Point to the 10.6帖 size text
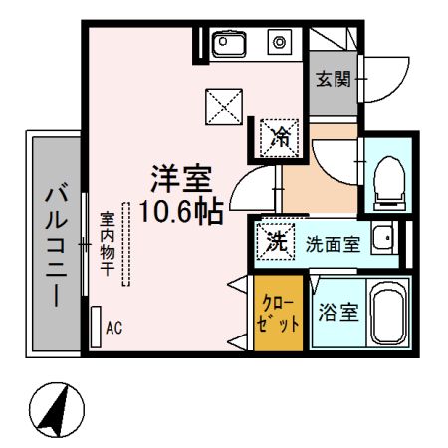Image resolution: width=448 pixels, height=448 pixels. click(180, 212)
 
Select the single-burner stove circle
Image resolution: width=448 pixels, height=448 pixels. click(281, 42)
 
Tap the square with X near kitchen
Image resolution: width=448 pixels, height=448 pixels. click(221, 107)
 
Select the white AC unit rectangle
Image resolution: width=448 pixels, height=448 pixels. click(96, 326)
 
